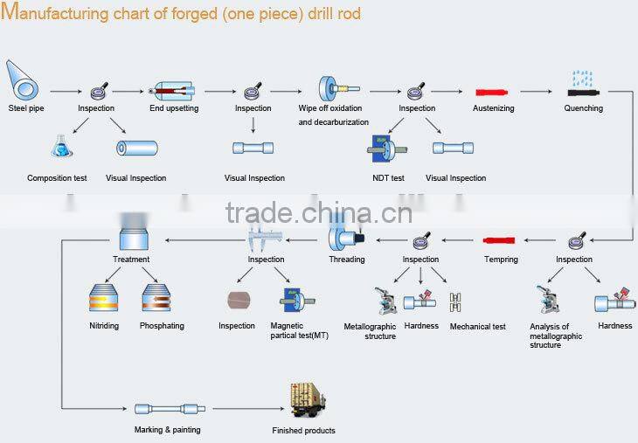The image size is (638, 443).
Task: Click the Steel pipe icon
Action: [x=23, y=81]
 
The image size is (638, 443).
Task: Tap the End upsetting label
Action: [x=174, y=108]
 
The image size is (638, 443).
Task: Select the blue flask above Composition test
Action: [x=61, y=147]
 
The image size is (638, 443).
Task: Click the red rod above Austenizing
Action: [x=491, y=93]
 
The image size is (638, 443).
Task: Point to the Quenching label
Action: [x=584, y=108]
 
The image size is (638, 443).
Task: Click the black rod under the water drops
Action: [x=584, y=93]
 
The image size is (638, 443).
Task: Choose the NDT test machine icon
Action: [x=386, y=149]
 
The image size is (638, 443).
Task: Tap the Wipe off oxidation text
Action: [x=330, y=108]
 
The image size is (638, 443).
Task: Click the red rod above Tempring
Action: [x=499, y=240]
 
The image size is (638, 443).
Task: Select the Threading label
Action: [x=347, y=260]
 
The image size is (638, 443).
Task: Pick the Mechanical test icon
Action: [x=455, y=302]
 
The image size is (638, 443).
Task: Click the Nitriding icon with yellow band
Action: [x=104, y=298]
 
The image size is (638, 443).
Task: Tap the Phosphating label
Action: [x=162, y=326]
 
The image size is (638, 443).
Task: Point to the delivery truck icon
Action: [x=308, y=400]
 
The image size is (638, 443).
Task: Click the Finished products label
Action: [x=303, y=431]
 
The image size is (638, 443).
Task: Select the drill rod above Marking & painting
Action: [x=170, y=409]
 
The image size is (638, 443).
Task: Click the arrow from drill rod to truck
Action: [x=248, y=408]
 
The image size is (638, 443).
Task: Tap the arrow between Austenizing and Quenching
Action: [x=536, y=92]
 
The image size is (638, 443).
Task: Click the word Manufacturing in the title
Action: [x=55, y=12]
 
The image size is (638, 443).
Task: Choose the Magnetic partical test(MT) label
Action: [x=299, y=330]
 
